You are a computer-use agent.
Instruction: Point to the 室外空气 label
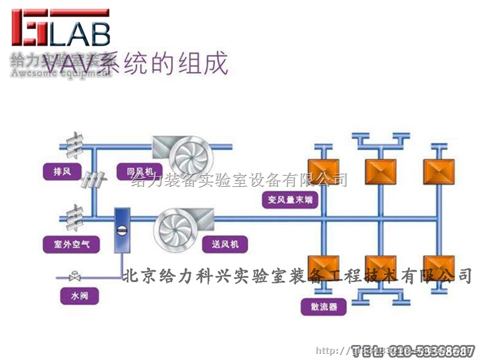(71, 244)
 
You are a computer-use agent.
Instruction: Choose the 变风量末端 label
(289, 200)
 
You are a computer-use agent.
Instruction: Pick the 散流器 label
(324, 307)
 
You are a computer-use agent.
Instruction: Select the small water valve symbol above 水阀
(75, 275)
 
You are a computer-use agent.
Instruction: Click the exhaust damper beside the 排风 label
(93, 180)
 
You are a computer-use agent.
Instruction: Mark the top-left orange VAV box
(324, 171)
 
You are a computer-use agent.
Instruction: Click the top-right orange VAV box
(438, 171)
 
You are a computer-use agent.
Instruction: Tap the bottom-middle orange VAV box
(380, 267)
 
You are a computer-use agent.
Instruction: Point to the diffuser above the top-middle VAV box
(380, 140)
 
